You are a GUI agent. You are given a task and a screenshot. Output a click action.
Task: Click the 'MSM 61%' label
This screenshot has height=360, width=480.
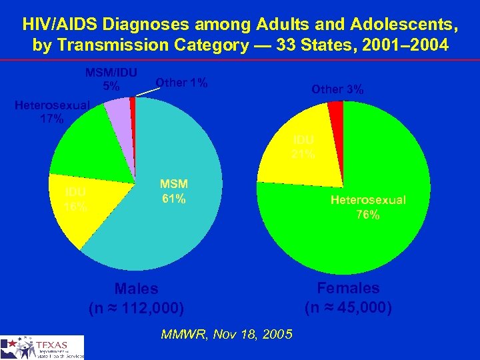tap(173, 191)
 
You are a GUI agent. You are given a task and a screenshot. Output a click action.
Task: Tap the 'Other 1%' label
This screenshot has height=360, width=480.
tap(181, 83)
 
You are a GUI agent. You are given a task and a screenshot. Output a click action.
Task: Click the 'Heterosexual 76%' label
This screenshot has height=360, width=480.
tap(368, 207)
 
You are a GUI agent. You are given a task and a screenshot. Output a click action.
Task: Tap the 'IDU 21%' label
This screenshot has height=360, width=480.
tap(303, 147)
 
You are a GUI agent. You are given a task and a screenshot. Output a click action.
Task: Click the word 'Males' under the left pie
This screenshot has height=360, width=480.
tap(136, 289)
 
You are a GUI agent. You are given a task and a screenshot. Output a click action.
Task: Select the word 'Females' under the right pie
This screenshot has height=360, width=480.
tap(348, 288)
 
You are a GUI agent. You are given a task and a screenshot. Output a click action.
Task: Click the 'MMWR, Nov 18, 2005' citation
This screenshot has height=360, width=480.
tap(226, 335)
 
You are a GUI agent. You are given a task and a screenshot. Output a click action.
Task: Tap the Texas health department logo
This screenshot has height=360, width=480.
tap(43, 347)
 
